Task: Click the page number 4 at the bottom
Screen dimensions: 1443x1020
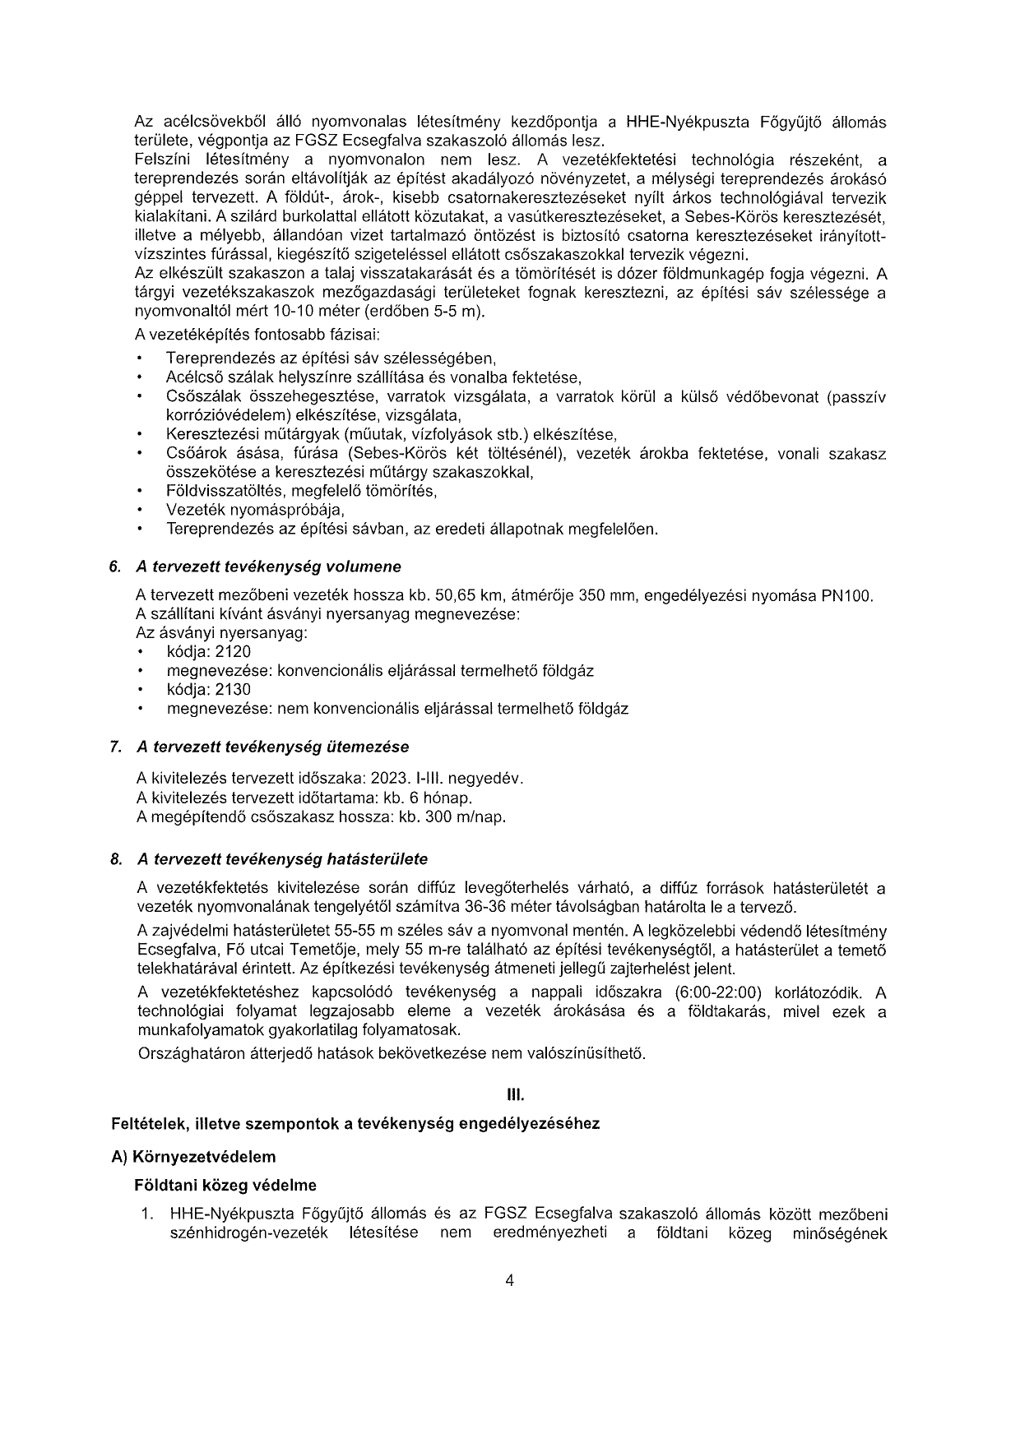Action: [x=510, y=1279]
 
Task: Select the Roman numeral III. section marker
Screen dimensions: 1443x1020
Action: [x=516, y=1095]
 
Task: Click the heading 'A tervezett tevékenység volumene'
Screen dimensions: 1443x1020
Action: [x=269, y=567]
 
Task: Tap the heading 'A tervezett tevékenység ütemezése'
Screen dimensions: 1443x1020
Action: [x=273, y=747]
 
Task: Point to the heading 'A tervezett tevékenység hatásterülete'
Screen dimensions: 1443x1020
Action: [x=283, y=859]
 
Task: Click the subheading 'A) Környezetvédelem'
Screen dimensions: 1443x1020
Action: [x=193, y=1157]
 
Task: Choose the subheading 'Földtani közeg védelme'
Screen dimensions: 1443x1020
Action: [x=225, y=1186]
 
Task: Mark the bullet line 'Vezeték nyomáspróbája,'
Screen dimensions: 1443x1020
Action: [x=243, y=510]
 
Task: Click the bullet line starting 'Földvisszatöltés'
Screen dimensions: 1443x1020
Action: [x=301, y=491]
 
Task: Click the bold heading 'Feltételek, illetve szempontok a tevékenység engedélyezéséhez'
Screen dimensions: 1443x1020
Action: [x=355, y=1124]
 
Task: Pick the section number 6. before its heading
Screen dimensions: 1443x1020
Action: [x=116, y=567]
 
